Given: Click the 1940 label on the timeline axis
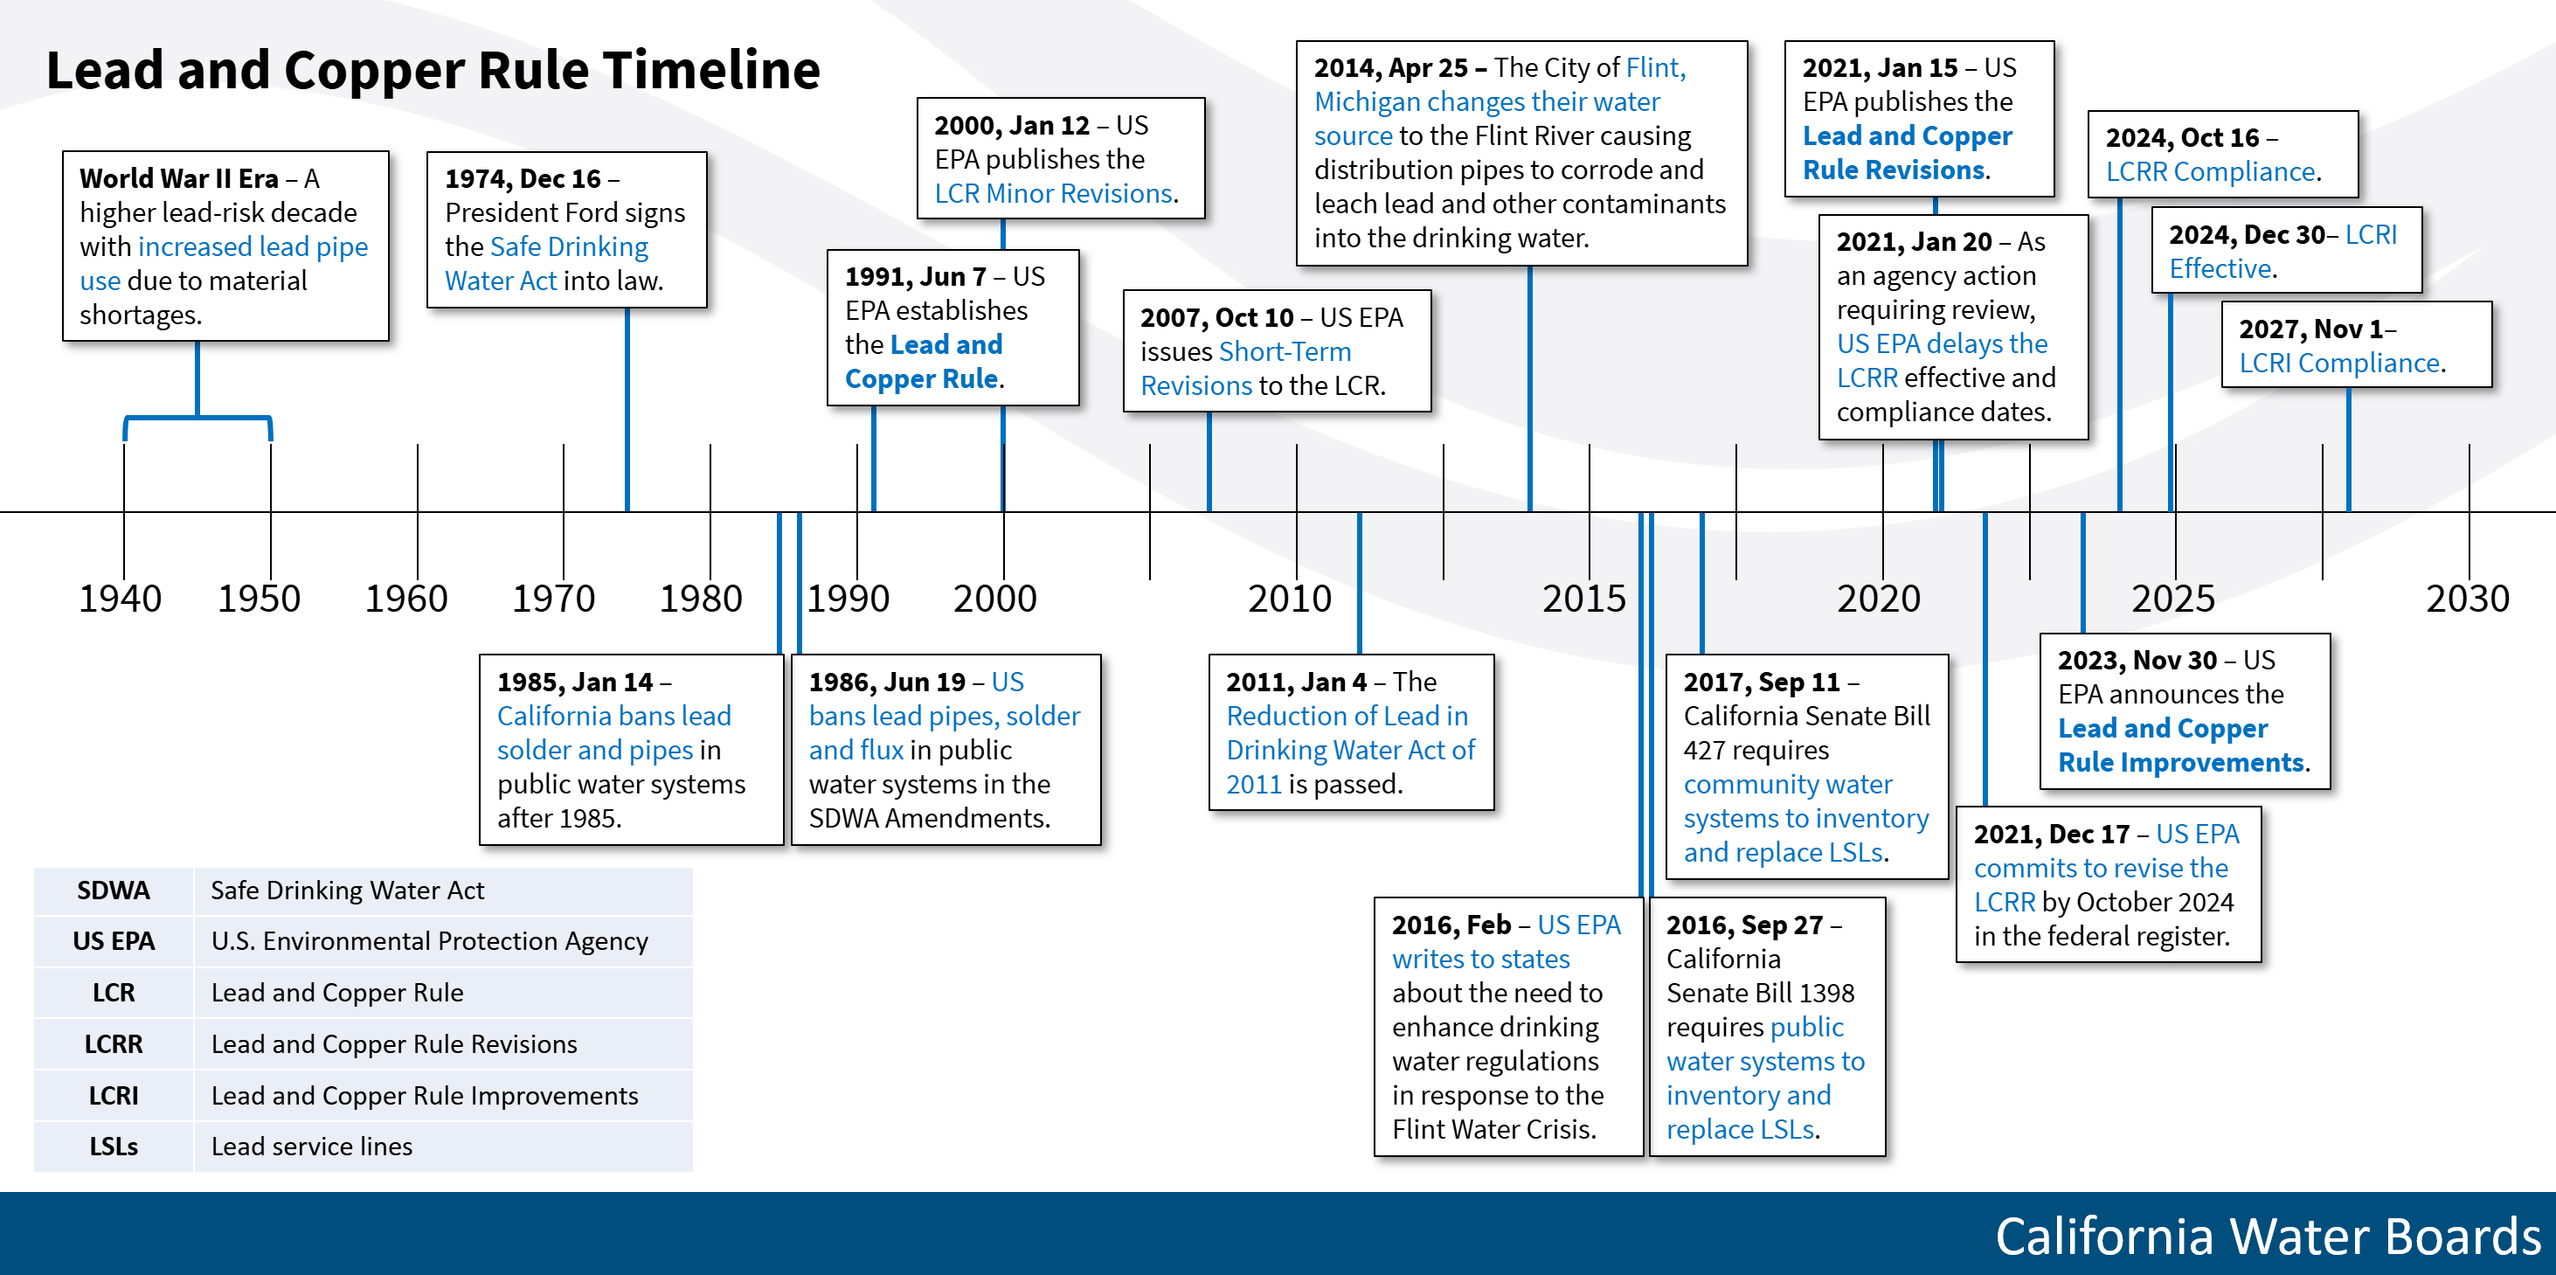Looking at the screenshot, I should point(120,599).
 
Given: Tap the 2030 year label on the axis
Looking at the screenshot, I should point(2467,599).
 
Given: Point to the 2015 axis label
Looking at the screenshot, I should point(1583,599).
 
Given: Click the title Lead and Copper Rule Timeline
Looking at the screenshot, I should point(433,71).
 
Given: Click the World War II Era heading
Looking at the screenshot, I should point(178,178).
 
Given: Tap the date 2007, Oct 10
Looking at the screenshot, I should point(1216,317).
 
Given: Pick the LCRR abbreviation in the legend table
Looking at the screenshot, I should point(113,1043).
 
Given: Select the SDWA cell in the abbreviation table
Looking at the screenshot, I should point(113,890).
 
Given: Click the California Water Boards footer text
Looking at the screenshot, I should point(2269,1237).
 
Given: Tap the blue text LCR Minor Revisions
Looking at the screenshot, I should point(1054,193).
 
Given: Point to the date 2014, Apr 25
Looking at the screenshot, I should point(1390,67).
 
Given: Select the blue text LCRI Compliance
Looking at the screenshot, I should point(2338,364).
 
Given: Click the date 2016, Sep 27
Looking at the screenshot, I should point(1744,925).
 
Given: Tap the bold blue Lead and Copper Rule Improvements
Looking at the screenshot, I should point(2181,745).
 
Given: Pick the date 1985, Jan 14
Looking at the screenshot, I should point(574,682).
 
